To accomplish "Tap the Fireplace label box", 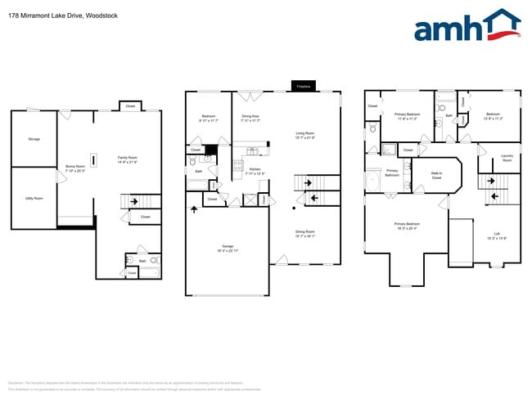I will tap(303, 85).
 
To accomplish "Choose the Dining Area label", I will tap(250, 119).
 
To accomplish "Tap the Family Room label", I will tap(127, 159).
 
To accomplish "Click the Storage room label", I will tap(34, 139).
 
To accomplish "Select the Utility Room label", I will tap(34, 199).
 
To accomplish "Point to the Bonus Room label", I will tap(75, 168).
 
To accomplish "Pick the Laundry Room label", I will tap(507, 158).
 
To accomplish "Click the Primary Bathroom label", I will tap(392, 173).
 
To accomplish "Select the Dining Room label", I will tap(304, 233).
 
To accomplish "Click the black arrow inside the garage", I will tap(194, 210).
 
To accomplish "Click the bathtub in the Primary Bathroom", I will tap(372, 180).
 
